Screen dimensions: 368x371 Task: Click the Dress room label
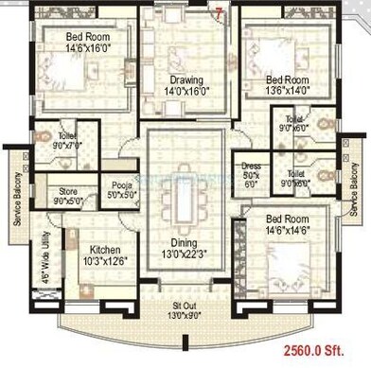coord(251,167)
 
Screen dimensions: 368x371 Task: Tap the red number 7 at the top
coord(220,13)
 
